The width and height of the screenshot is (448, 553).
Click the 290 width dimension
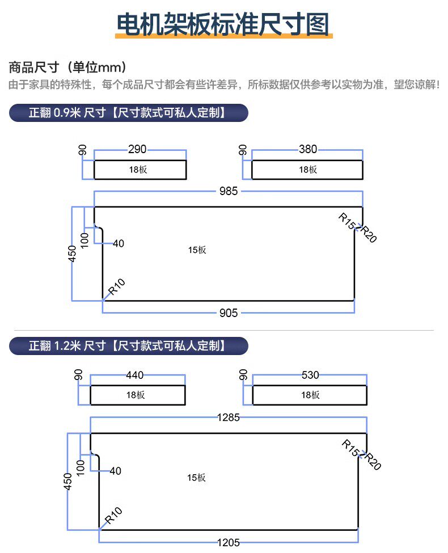(137, 149)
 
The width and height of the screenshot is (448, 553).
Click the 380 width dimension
(308, 149)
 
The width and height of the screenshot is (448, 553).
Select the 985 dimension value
(229, 191)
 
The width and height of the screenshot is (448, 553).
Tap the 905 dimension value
(229, 313)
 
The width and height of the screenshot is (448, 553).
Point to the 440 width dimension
(135, 375)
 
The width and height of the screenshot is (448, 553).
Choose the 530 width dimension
(310, 375)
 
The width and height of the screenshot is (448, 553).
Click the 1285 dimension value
(229, 417)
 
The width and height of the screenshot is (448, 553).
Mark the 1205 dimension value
(229, 542)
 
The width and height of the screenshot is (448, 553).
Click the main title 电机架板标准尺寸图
(223, 24)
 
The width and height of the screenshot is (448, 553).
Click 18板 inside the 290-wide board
(138, 170)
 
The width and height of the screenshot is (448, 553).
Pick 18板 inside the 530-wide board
(310, 395)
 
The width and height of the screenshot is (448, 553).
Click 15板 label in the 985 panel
(197, 250)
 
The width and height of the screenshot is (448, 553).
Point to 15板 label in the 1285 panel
(196, 478)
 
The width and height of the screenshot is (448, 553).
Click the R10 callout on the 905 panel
(116, 286)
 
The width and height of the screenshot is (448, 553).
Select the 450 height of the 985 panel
(72, 254)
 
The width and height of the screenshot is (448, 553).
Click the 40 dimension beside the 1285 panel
(115, 471)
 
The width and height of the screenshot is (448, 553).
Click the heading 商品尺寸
(34, 67)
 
